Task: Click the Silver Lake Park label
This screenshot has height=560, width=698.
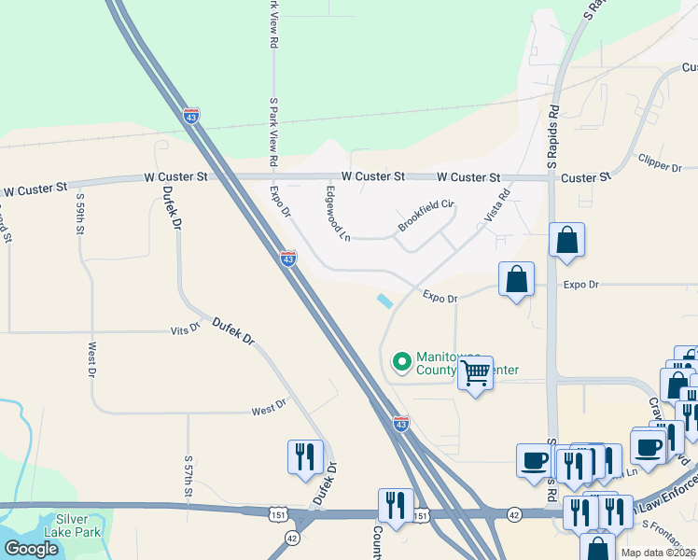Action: [78, 526]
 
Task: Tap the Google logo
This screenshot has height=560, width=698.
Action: [32, 549]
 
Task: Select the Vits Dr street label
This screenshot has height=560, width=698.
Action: [186, 329]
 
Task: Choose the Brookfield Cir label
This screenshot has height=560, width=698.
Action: [426, 216]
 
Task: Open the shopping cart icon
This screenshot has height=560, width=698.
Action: [476, 373]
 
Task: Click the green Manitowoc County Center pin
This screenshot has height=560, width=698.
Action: [402, 360]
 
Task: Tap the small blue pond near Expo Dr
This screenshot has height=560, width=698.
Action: [384, 301]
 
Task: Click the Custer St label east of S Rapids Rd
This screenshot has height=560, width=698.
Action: [586, 176]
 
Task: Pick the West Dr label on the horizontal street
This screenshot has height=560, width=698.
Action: [269, 409]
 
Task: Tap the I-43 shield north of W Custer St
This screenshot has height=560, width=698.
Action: [191, 117]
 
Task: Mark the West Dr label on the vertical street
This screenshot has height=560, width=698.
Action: [92, 359]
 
